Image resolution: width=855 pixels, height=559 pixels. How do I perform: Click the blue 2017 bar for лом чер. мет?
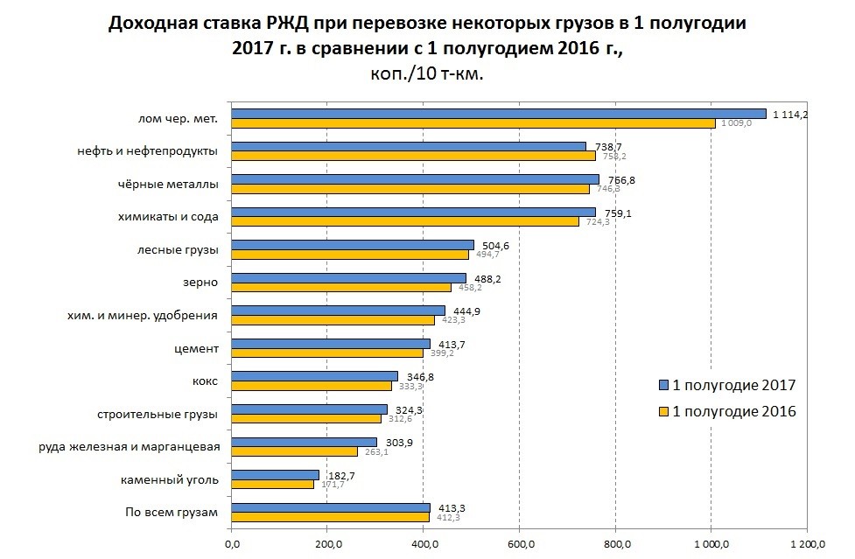coord(499,114)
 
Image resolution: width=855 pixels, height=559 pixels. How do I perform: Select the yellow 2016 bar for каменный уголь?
coord(272,484)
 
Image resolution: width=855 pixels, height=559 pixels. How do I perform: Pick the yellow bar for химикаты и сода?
coord(405,221)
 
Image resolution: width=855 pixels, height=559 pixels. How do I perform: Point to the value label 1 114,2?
coord(789,114)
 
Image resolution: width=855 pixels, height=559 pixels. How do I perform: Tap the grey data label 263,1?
coord(375,452)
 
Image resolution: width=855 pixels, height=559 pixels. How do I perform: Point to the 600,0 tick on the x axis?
coord(520,547)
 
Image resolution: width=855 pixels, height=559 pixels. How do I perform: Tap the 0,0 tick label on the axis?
coord(232,547)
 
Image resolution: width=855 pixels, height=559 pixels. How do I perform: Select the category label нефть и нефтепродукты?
coord(147,151)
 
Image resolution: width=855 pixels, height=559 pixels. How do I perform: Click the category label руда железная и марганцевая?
coord(129,446)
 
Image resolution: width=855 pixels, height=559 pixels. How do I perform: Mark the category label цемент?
coord(196,348)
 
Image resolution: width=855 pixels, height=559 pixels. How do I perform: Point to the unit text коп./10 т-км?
coord(427,74)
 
